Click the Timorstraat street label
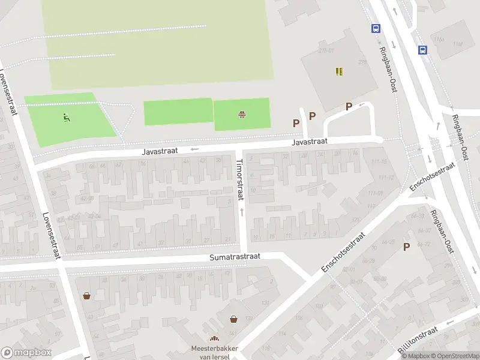240,179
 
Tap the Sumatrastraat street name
235,256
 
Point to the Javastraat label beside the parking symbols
310,142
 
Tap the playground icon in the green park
66,117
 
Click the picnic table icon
242,114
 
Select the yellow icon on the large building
340,71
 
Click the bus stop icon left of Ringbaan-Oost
376,28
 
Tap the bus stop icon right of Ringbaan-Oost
422,50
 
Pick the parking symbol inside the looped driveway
349,107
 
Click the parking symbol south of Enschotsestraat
406,247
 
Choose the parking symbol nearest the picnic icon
296,123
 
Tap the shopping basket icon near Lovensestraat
87,296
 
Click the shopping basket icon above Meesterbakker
233,320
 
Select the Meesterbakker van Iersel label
214,352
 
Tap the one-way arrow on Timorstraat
242,212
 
